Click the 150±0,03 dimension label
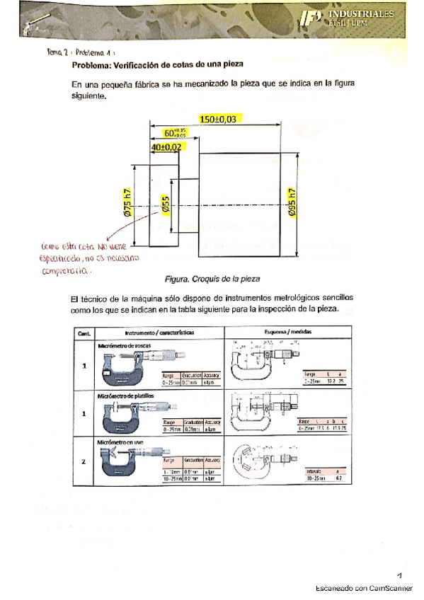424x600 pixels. tap(217, 120)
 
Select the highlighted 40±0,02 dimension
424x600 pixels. tap(166, 146)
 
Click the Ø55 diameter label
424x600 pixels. tap(165, 205)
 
